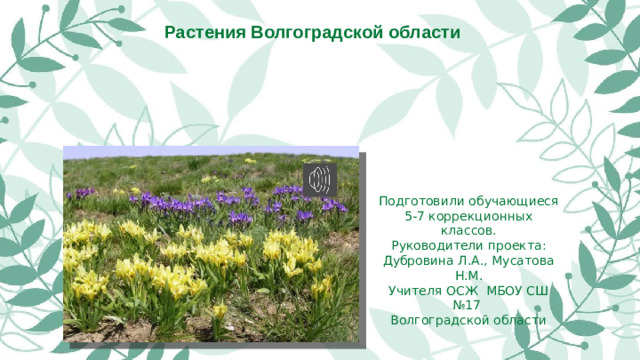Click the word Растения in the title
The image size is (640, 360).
click(x=206, y=32)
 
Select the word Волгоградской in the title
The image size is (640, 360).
click(x=323, y=32)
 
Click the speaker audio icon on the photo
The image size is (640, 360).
click(x=320, y=179)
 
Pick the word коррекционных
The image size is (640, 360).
click(x=481, y=216)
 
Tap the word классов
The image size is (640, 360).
click(x=463, y=231)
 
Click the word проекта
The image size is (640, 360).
click(x=514, y=246)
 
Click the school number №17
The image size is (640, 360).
click(x=463, y=305)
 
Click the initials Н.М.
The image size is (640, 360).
click(x=463, y=276)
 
